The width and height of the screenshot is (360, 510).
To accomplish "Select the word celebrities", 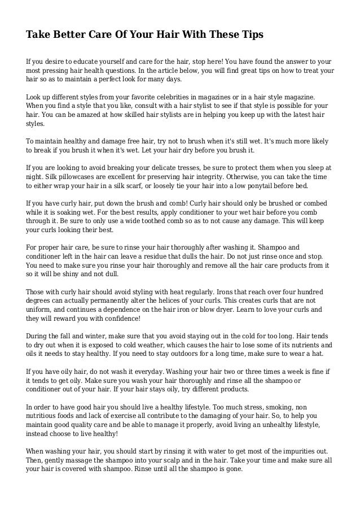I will (176, 97).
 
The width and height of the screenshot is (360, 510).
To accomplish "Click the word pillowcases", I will (68, 176).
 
